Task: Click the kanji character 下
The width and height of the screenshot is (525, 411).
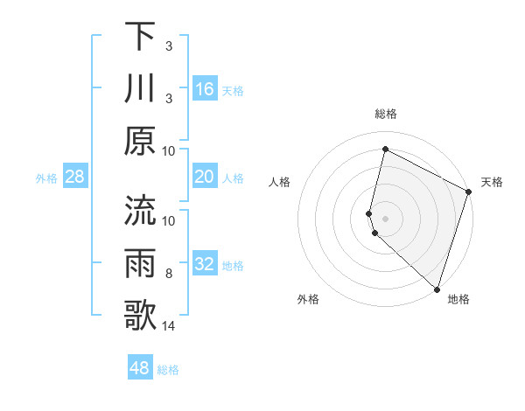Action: click(x=140, y=37)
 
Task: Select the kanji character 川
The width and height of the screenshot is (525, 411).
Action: click(x=140, y=87)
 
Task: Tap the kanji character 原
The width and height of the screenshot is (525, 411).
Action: click(x=140, y=140)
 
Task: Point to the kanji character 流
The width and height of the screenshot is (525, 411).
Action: click(x=140, y=211)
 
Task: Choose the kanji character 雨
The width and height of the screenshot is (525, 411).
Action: click(x=140, y=262)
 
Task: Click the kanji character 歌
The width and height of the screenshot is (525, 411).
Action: click(x=140, y=314)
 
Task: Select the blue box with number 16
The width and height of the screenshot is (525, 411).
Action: click(x=204, y=89)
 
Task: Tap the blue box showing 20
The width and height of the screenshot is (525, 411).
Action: click(x=204, y=178)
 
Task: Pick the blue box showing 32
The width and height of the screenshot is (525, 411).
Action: click(x=204, y=265)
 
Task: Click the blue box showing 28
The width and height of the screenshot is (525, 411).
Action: click(x=74, y=178)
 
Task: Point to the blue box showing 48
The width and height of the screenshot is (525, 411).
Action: click(x=139, y=368)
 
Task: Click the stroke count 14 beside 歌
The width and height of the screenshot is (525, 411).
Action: click(x=169, y=326)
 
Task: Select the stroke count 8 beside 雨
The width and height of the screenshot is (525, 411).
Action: click(x=169, y=274)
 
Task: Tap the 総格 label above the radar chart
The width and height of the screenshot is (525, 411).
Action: click(x=385, y=115)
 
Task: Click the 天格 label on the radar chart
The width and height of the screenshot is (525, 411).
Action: click(x=492, y=182)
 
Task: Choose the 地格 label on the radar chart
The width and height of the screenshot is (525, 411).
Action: click(x=458, y=299)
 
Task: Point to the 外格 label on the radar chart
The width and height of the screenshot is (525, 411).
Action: click(x=308, y=299)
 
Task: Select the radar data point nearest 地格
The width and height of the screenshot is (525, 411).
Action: click(x=437, y=289)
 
